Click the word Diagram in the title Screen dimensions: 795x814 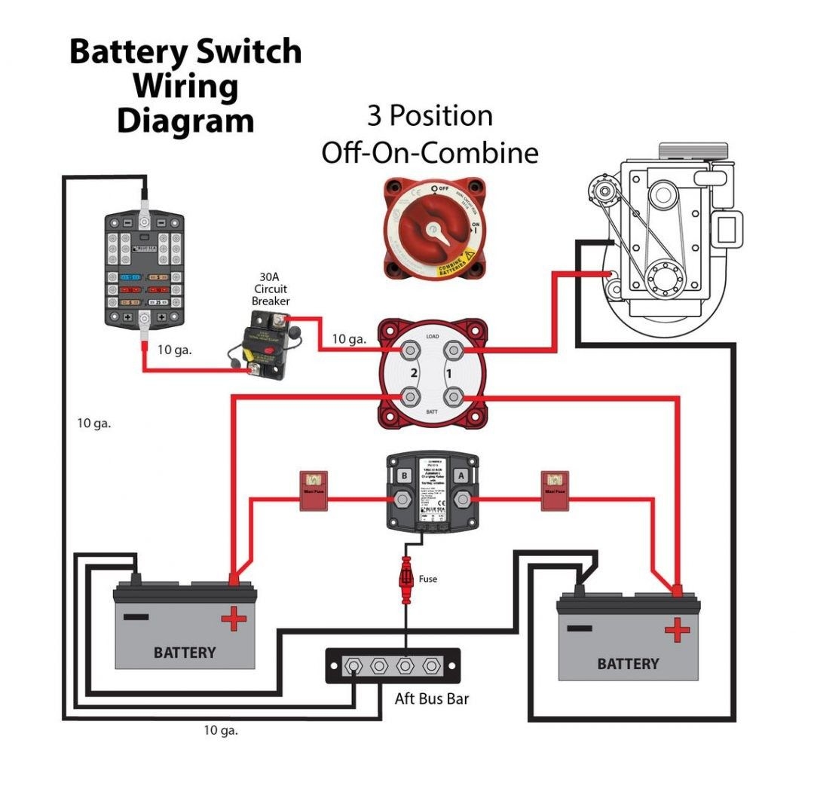(x=185, y=121)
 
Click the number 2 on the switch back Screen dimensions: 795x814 (x=413, y=373)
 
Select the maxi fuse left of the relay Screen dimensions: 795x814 (x=314, y=490)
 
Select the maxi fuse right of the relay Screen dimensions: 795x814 (x=555, y=490)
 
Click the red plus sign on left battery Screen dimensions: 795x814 (x=234, y=619)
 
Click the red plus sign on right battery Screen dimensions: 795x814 (x=678, y=629)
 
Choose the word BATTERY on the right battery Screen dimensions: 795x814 (x=628, y=664)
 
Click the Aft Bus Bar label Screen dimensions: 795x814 (x=432, y=699)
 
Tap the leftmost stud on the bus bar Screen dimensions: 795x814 (x=351, y=666)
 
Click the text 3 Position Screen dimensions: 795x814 (x=430, y=116)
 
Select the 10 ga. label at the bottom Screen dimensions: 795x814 (x=221, y=730)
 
